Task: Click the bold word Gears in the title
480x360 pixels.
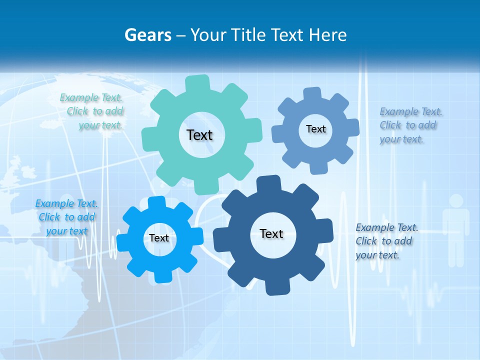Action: [x=148, y=35]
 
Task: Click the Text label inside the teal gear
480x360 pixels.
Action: [x=199, y=135]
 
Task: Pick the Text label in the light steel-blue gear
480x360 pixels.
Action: [x=315, y=129]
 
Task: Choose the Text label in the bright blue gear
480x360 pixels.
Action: [x=159, y=238]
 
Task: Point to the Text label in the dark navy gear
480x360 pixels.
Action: [x=271, y=233]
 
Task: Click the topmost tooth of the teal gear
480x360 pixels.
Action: [x=197, y=83]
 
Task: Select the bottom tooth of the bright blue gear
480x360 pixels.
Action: [x=163, y=276]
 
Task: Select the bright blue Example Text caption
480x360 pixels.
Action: [x=66, y=217]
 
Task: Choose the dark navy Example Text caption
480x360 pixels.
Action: [x=386, y=241]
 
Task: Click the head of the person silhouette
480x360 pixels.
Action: [x=456, y=201]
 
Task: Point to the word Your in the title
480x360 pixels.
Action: [x=209, y=35]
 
